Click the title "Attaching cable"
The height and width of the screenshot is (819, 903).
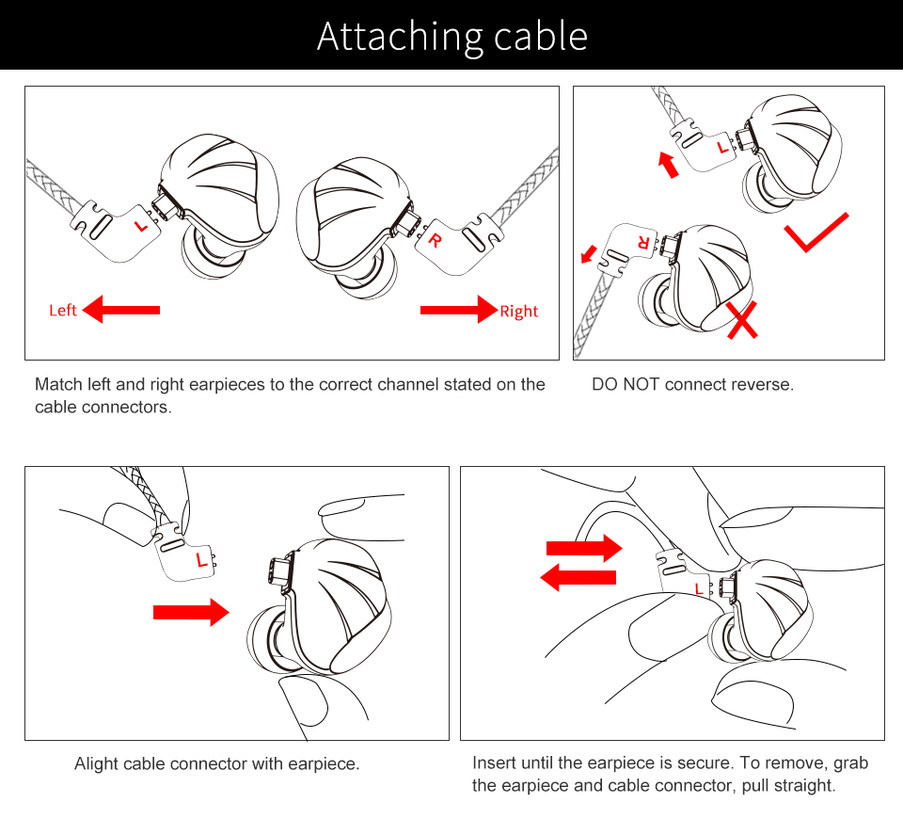452,36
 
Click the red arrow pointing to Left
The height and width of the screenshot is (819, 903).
121,308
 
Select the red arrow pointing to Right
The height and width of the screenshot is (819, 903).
458,308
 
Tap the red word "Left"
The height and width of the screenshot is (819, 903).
63,311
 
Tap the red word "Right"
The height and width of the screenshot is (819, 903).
518,311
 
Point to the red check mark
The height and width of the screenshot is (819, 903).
816,233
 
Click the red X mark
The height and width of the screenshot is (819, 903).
743,319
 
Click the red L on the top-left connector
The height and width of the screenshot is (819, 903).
141,225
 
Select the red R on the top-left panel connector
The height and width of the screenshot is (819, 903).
435,239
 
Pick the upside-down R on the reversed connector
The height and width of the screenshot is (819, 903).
643,242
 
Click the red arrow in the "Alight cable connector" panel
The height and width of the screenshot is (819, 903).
191,613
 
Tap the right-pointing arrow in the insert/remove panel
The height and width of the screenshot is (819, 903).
584,547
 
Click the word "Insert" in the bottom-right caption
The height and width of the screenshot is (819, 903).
494,763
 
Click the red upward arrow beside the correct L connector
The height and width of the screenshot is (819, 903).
668,165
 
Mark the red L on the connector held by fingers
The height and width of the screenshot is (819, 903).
200,561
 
